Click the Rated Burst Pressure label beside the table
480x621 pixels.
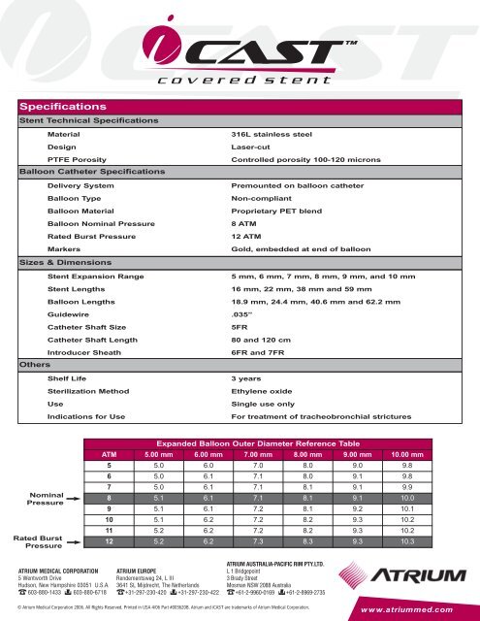pos(37,541)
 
